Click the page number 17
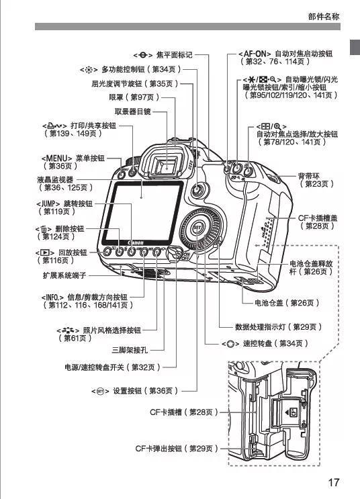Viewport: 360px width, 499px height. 334,482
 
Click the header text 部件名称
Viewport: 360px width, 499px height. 323,16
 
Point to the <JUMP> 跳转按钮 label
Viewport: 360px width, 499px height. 64,203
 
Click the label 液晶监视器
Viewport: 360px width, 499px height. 55,180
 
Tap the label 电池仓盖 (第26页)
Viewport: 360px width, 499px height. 285,304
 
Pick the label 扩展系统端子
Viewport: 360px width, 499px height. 61,275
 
